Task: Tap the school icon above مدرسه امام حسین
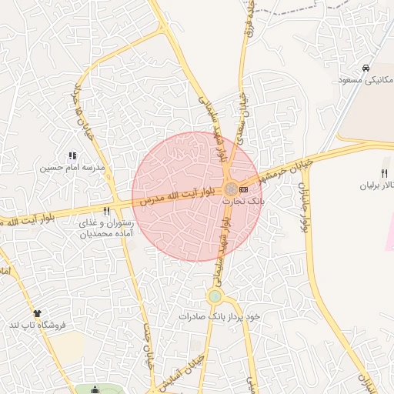[x=73, y=156]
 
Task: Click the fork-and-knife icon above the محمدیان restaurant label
[x=106, y=211]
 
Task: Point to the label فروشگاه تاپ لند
[x=37, y=325]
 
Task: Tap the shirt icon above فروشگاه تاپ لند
[x=37, y=313]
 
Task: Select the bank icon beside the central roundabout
[x=243, y=189]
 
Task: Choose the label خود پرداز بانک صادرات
[x=216, y=316]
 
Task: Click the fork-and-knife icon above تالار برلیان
[x=383, y=173]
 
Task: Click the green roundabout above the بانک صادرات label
[x=215, y=295]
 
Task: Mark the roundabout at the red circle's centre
[x=231, y=189]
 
